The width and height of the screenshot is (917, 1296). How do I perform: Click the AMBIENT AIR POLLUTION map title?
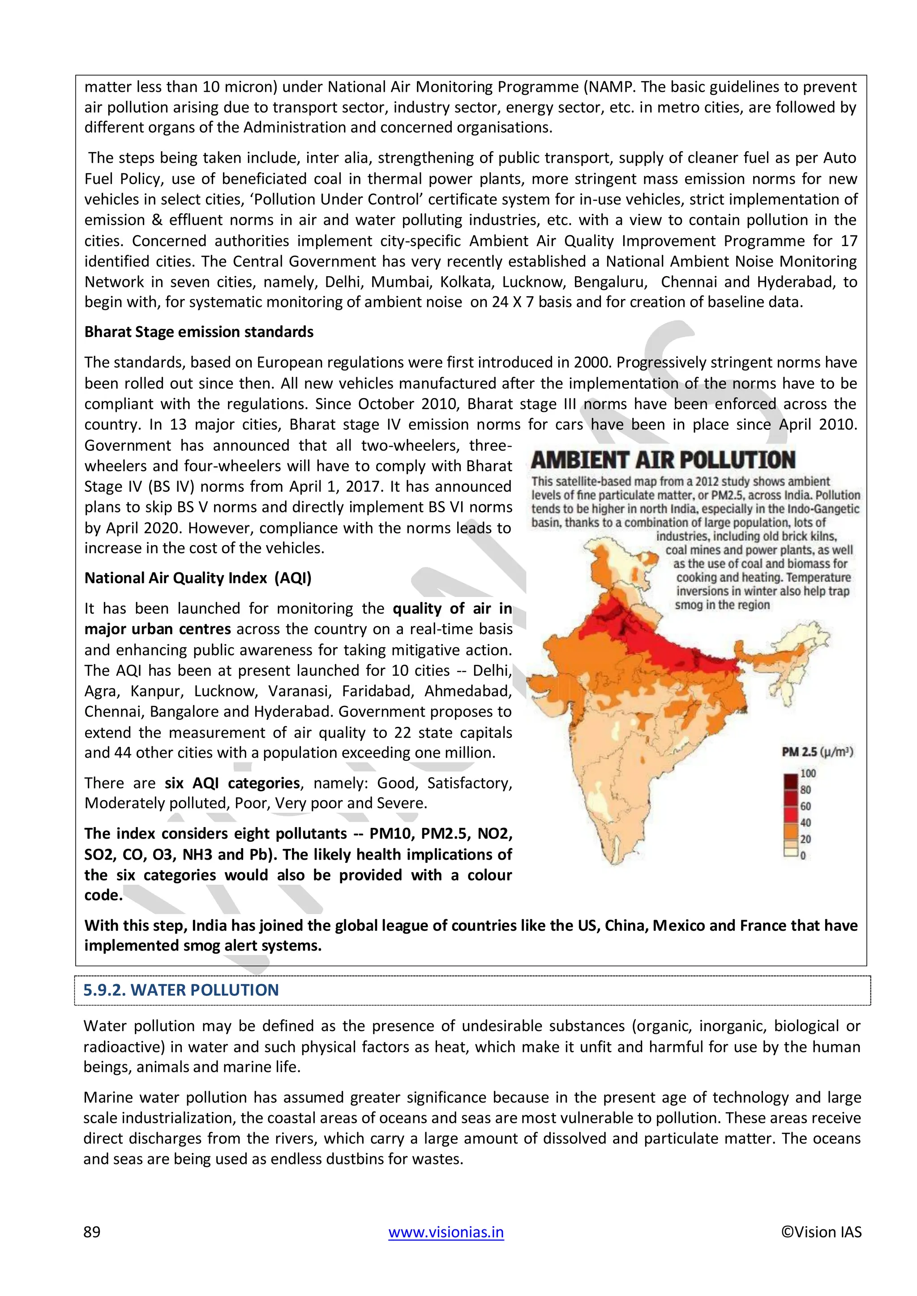[x=663, y=460]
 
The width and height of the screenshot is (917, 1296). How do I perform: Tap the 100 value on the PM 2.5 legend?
[x=808, y=773]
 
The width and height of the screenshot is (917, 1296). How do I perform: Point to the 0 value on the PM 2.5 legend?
[x=803, y=855]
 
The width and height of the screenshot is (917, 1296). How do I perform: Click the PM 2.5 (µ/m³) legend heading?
[x=817, y=752]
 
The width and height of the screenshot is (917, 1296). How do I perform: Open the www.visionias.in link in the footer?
[x=446, y=1232]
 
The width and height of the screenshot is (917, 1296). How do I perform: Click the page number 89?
[x=92, y=1232]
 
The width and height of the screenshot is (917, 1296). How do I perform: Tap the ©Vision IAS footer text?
[x=821, y=1232]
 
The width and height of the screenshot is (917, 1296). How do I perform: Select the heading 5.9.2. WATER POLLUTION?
[x=181, y=990]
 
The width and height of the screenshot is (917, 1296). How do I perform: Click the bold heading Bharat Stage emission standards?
[x=199, y=332]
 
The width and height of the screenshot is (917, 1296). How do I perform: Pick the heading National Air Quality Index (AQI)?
[x=197, y=578]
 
